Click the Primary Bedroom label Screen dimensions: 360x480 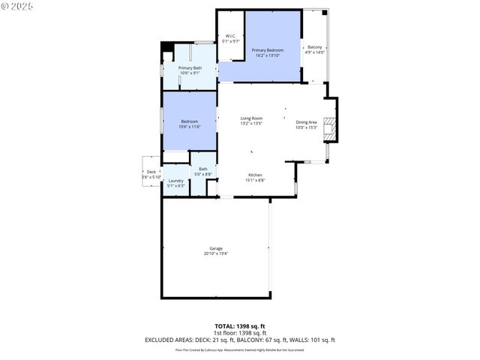point(267,50)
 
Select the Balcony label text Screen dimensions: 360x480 point(314,47)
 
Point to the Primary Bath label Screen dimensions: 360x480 point(189,68)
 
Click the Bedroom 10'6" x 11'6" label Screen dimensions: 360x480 point(189,121)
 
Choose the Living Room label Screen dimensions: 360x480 point(251,118)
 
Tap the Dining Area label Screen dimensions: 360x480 point(307,122)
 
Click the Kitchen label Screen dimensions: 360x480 point(255,175)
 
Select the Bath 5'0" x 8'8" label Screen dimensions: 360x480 point(203,169)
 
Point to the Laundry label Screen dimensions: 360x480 point(176,181)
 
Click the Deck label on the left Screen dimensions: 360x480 point(151,172)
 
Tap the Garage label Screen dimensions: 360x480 point(216,248)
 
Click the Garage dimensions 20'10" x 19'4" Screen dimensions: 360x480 point(216,253)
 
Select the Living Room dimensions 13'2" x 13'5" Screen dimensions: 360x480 point(251,124)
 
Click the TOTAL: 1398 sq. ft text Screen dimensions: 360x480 point(240,325)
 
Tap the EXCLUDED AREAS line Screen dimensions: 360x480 point(240,339)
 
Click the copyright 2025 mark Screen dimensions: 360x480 point(18,6)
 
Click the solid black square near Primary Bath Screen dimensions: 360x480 point(166,47)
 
